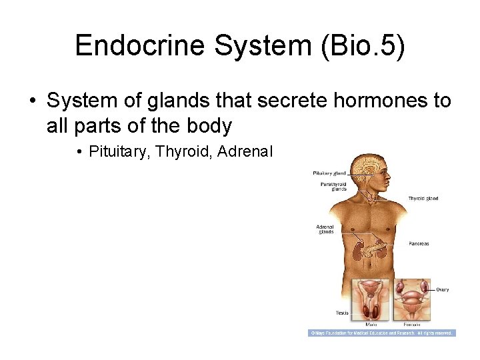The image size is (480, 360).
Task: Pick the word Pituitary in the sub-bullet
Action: click(119, 153)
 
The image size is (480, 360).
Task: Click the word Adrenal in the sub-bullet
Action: click(245, 153)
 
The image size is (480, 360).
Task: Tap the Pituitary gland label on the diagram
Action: click(329, 173)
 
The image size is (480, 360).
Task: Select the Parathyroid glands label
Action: click(333, 186)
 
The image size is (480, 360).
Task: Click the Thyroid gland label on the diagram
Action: click(423, 199)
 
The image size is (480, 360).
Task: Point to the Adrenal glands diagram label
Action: click(325, 229)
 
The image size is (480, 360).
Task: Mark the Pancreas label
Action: click(419, 243)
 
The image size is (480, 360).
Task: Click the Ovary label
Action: click(442, 289)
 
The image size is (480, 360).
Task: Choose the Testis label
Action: click(342, 313)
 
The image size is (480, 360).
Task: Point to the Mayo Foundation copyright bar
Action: click(381, 333)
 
